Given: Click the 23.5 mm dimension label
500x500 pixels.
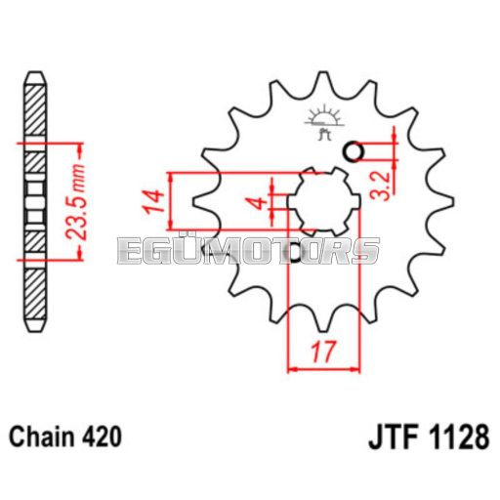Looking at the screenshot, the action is (75, 202).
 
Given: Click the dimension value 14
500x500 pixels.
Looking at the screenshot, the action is (153, 200).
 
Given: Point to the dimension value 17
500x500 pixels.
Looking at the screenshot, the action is (323, 352).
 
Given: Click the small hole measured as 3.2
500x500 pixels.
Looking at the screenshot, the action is (354, 151).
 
